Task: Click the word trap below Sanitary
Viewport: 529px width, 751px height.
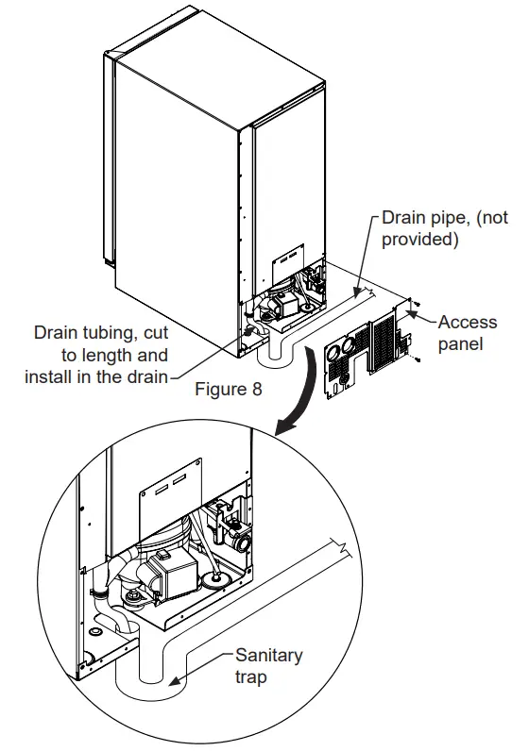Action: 252,677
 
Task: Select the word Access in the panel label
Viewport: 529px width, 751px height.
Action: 468,322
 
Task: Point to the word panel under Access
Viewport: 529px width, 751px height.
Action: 460,343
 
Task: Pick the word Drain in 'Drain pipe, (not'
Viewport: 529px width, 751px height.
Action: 403,218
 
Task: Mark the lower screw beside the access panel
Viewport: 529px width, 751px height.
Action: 418,359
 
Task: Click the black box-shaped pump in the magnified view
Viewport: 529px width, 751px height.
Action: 171,570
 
